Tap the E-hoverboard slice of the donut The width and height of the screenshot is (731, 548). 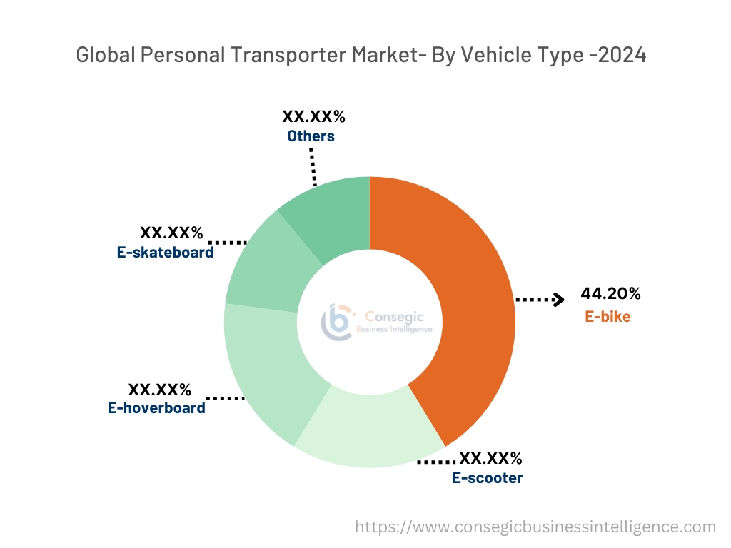264,378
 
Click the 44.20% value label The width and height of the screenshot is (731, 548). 610,293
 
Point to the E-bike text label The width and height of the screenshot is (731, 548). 608,317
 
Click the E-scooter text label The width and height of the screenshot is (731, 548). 487,478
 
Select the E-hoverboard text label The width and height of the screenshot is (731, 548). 156,408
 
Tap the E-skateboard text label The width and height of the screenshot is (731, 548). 165,252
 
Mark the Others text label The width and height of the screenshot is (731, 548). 311,136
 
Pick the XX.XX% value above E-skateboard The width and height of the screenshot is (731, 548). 171,233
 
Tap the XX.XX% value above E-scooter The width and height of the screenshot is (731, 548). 490,458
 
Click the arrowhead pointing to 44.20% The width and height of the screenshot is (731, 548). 558,300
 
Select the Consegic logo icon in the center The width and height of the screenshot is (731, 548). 337,322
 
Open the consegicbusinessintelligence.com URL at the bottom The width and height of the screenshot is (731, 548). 535,527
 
